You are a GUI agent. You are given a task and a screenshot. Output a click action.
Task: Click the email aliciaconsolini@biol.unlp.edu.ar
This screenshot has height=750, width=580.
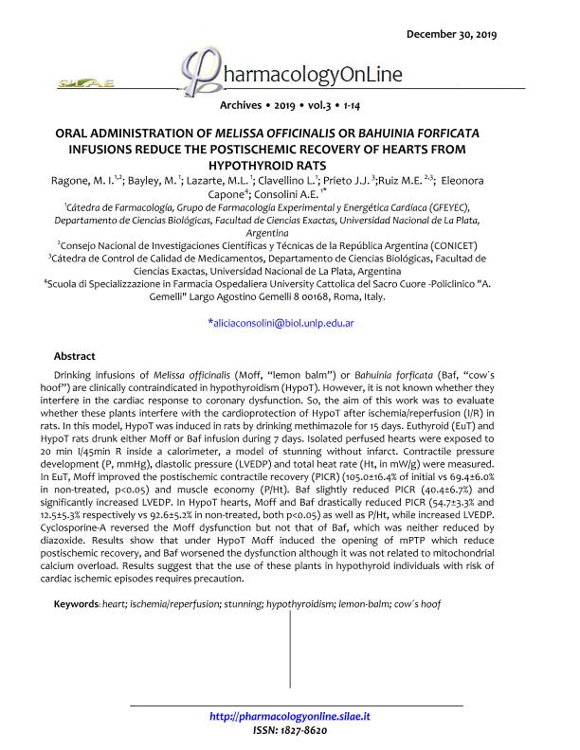point(280,323)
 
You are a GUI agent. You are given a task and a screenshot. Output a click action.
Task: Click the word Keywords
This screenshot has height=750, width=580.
point(77,604)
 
